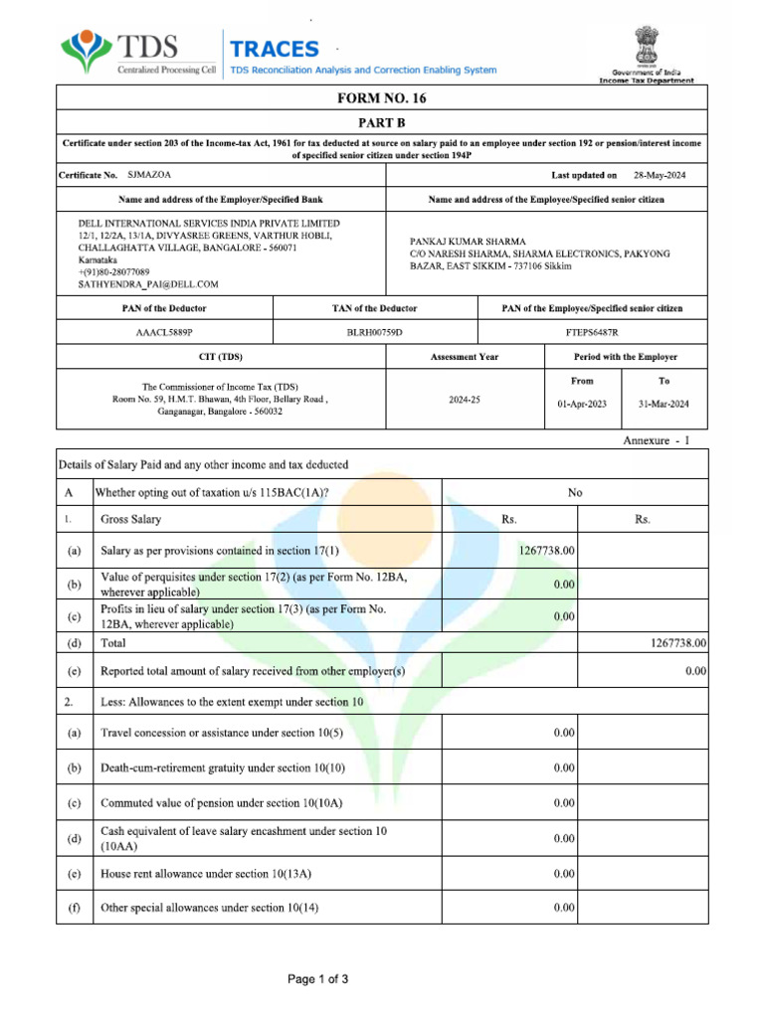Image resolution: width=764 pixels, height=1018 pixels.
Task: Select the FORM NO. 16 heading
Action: point(382,98)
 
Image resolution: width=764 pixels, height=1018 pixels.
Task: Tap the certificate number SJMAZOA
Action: point(150,175)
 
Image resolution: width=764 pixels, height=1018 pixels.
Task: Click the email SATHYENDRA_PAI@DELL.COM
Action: point(148,284)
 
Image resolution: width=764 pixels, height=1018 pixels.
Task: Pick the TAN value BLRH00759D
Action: point(375,333)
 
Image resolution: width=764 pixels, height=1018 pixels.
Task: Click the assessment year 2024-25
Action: point(464,399)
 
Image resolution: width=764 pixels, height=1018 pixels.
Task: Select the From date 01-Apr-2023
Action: point(583,405)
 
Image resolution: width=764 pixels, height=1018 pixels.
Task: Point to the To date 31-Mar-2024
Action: point(664,405)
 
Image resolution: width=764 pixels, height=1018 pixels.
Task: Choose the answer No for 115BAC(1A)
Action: point(574,492)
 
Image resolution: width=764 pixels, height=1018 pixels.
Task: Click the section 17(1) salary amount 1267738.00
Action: point(546,550)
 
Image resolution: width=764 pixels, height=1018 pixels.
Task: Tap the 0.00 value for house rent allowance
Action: point(564,874)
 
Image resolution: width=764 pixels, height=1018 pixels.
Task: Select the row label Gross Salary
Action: point(131,520)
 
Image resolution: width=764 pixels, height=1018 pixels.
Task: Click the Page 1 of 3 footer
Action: point(318,979)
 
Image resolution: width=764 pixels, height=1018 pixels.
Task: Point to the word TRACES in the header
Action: point(276,49)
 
